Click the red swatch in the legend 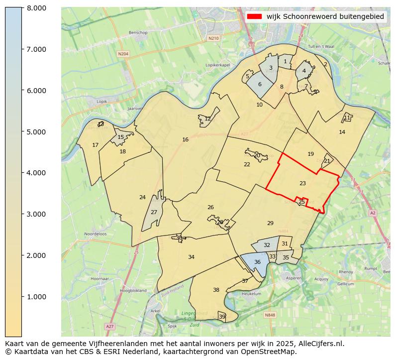(254, 16)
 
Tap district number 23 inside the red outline (302, 184)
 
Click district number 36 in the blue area (257, 262)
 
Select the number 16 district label (185, 140)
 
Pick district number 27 (154, 212)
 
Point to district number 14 (342, 132)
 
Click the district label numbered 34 (191, 257)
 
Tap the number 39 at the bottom (222, 317)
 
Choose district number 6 (260, 84)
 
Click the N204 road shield (123, 53)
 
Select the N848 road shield (270, 315)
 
